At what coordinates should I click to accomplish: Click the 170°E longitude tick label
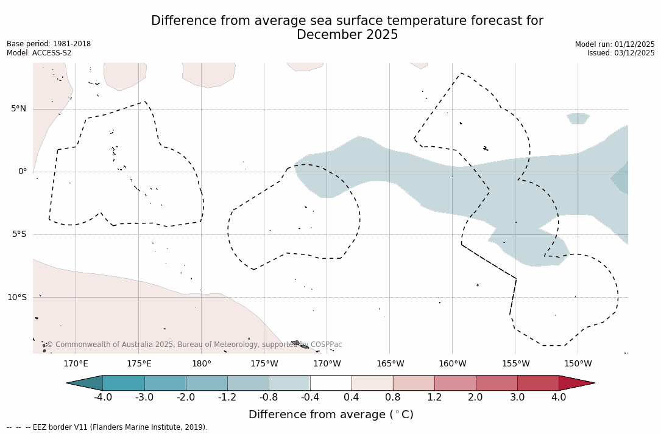(x=76, y=364)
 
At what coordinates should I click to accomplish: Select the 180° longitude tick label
(x=202, y=364)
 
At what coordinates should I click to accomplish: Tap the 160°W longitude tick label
(x=452, y=364)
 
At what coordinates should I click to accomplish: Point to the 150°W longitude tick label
(x=578, y=364)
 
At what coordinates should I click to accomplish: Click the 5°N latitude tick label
(x=18, y=109)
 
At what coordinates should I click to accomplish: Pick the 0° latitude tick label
(x=23, y=172)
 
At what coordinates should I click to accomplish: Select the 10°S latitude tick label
(x=16, y=298)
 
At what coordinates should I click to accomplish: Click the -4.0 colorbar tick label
(x=102, y=397)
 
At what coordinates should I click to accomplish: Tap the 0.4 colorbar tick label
(x=352, y=397)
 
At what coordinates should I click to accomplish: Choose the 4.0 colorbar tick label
(x=559, y=397)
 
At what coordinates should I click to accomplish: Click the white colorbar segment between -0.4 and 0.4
(x=331, y=383)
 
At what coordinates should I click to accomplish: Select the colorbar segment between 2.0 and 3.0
(x=497, y=383)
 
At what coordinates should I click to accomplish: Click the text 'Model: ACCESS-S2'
(x=39, y=53)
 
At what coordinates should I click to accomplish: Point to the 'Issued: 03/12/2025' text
(x=621, y=53)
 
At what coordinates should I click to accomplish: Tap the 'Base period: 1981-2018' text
(x=49, y=44)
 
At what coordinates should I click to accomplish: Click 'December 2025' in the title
(x=347, y=35)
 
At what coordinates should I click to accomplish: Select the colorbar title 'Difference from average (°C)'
(x=331, y=415)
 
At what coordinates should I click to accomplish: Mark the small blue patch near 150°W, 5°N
(x=578, y=118)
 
